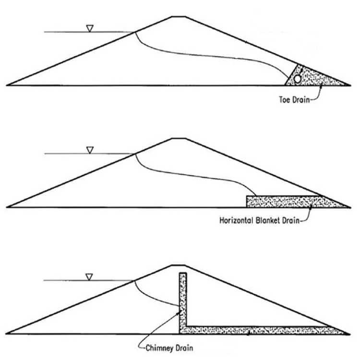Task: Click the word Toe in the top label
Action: click(x=285, y=100)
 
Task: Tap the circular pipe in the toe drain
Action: click(x=298, y=79)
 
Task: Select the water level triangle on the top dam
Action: click(x=90, y=28)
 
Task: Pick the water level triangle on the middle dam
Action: click(x=90, y=150)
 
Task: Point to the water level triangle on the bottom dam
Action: click(x=89, y=277)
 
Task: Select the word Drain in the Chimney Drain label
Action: click(x=184, y=348)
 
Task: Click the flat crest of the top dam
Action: click(x=179, y=16)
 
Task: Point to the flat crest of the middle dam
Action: click(x=179, y=138)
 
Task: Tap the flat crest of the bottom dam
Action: click(x=179, y=265)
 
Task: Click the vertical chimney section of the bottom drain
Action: click(x=183, y=300)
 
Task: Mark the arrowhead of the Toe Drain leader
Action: click(x=321, y=86)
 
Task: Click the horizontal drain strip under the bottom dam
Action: click(x=264, y=330)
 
